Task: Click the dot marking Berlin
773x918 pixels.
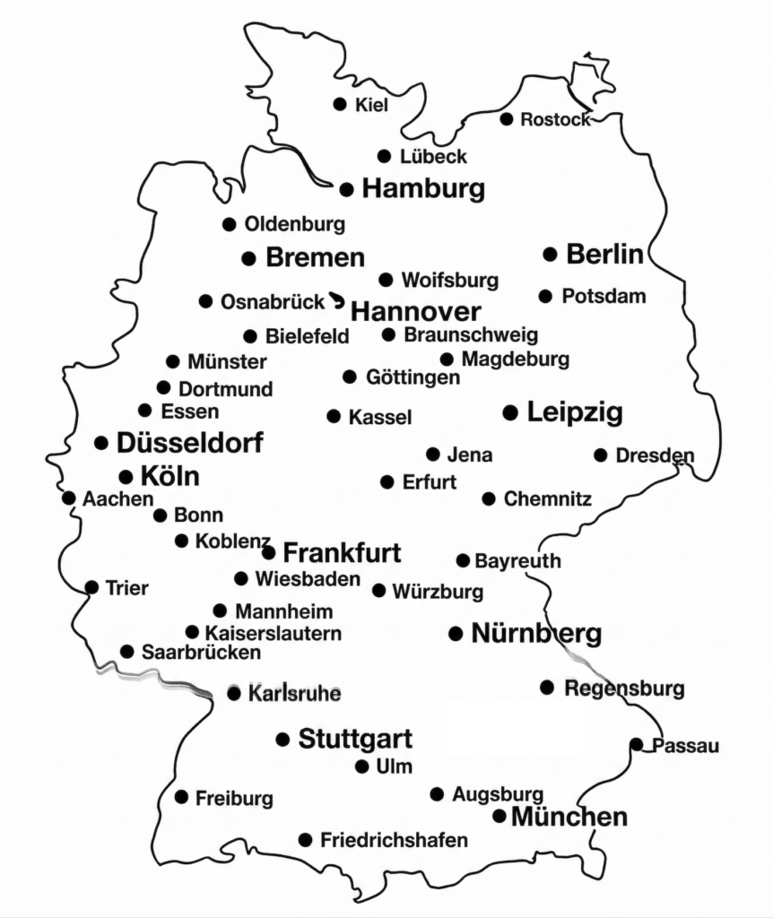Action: pyautogui.click(x=551, y=255)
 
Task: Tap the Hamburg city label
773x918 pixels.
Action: pyautogui.click(x=423, y=189)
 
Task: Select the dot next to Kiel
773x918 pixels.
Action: pyautogui.click(x=340, y=104)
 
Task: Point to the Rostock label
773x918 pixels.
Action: pyautogui.click(x=555, y=119)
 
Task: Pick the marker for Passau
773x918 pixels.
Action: pyautogui.click(x=636, y=744)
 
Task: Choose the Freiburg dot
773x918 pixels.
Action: pyautogui.click(x=181, y=796)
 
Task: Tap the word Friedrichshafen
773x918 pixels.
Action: pyautogui.click(x=394, y=840)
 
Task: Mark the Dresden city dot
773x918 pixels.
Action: pyautogui.click(x=600, y=455)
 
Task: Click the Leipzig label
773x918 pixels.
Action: pyautogui.click(x=575, y=412)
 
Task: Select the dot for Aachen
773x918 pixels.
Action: pyautogui.click(x=68, y=498)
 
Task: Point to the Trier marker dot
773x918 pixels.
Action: pyautogui.click(x=91, y=587)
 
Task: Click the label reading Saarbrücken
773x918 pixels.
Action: pyautogui.click(x=201, y=653)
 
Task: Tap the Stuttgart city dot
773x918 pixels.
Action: pyautogui.click(x=282, y=740)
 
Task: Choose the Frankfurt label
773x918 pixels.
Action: pyautogui.click(x=342, y=551)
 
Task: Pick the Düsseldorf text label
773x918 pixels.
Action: pyautogui.click(x=190, y=443)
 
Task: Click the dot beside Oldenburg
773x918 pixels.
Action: pyautogui.click(x=229, y=224)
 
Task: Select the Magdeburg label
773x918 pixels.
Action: pyautogui.click(x=516, y=359)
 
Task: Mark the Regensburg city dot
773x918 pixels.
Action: pyautogui.click(x=547, y=688)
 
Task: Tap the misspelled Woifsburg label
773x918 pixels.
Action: pyautogui.click(x=449, y=281)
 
